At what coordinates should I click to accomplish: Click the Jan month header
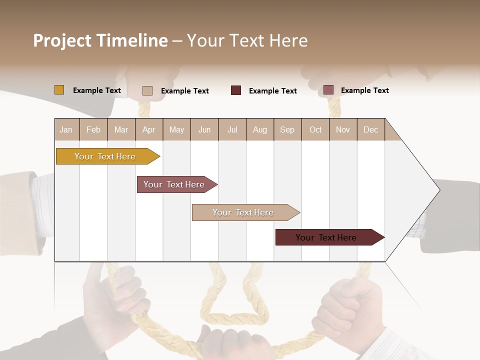pyautogui.click(x=66, y=130)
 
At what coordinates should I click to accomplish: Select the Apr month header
pyautogui.click(x=148, y=130)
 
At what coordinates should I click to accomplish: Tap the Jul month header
pyautogui.click(x=232, y=130)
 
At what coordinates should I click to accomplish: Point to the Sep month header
pyautogui.click(x=287, y=130)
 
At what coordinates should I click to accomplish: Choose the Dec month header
pyautogui.click(x=370, y=130)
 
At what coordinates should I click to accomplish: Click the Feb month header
pyautogui.click(x=93, y=130)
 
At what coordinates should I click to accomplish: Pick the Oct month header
pyautogui.click(x=315, y=130)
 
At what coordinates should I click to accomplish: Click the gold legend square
pyautogui.click(x=59, y=90)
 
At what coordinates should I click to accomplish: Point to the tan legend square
pyautogui.click(x=147, y=90)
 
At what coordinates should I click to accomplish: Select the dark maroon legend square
pyautogui.click(x=236, y=90)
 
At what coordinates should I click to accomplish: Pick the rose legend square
pyautogui.click(x=328, y=90)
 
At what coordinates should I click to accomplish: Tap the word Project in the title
pyautogui.click(x=61, y=40)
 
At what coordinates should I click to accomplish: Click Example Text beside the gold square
pyautogui.click(x=97, y=90)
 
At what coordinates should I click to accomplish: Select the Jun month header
pyautogui.click(x=204, y=130)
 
